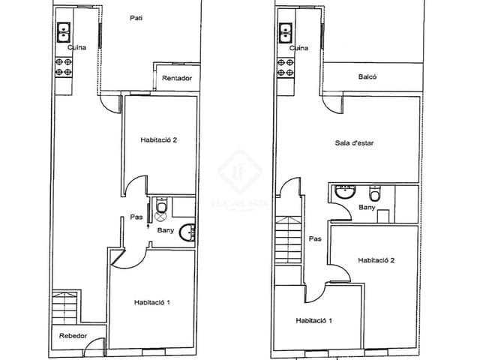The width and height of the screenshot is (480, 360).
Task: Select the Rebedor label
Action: (73, 336)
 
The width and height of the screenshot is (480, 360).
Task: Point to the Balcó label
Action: (367, 76)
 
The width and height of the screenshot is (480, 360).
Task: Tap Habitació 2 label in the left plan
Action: (158, 139)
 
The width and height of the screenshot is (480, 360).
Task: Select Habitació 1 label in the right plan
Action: (314, 321)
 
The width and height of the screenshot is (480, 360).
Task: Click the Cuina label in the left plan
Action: (76, 48)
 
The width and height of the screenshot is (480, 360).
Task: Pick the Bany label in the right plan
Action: (367, 207)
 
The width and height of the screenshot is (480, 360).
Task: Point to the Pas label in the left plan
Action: (136, 217)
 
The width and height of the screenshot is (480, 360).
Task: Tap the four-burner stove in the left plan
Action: (64, 68)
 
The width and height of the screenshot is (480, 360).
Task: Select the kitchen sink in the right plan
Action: (286, 32)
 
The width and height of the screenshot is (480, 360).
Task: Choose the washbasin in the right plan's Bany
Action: (346, 192)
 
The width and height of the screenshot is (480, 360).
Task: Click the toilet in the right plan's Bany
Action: (377, 192)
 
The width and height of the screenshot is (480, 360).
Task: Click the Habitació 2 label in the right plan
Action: (376, 260)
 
